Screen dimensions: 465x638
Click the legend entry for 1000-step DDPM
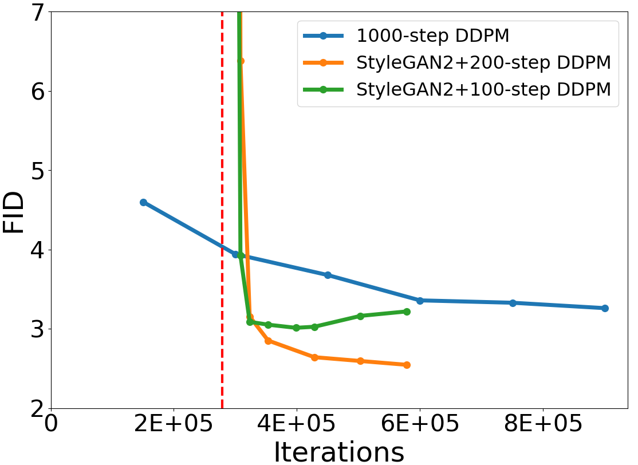[x=432, y=36]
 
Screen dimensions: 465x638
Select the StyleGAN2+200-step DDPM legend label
[x=483, y=63]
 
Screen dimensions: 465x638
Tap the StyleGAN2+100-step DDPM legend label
[x=483, y=90]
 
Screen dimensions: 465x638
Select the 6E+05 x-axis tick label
[x=420, y=425]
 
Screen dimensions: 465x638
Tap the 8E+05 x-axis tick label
[x=542, y=425]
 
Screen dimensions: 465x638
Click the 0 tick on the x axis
[x=52, y=425]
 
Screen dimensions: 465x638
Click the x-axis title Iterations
[x=338, y=452]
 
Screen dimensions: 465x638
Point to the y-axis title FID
[x=14, y=212]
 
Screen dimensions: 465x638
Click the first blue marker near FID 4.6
[x=143, y=202]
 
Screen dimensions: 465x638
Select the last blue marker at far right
[x=605, y=308]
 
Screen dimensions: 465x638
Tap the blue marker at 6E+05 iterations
[x=420, y=301]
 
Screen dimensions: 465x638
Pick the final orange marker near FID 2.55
[x=407, y=365]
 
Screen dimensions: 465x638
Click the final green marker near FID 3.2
[x=407, y=312]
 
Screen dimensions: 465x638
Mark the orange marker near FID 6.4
[x=241, y=61]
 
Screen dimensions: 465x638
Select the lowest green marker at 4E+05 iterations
[x=296, y=328]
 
